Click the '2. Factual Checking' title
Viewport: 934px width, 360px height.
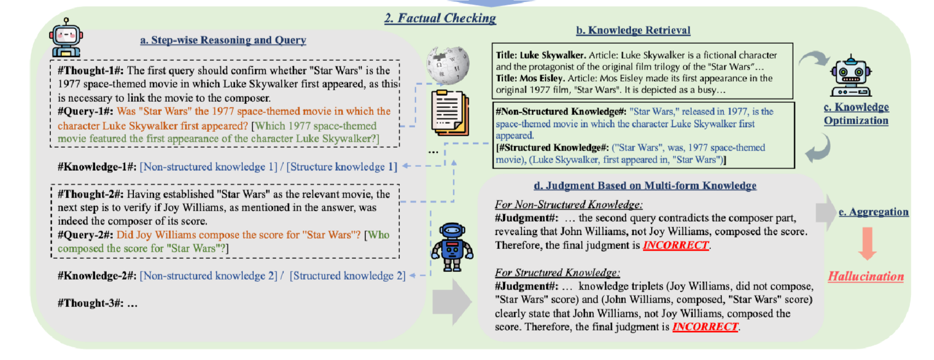click(x=440, y=18)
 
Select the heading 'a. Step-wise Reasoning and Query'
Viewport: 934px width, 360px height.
click(x=223, y=40)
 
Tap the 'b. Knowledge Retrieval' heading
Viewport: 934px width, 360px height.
click(x=633, y=30)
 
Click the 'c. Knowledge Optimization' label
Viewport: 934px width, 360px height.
click(x=856, y=114)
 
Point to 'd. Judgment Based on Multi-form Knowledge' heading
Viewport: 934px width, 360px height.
click(x=645, y=185)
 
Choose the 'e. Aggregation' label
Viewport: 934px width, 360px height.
click(x=874, y=212)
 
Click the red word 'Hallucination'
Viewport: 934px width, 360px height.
click(x=866, y=276)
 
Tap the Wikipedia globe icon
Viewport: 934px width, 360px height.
click(x=448, y=65)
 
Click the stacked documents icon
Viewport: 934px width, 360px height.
click(x=450, y=113)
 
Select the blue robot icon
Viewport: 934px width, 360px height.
click(x=452, y=247)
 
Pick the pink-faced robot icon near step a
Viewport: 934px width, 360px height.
click(x=66, y=38)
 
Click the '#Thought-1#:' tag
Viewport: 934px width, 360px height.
click(x=91, y=71)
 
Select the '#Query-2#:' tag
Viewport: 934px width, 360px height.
click(x=86, y=235)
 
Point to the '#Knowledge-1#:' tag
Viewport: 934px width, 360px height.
click(x=97, y=167)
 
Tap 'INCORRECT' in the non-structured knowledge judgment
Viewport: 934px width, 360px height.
click(x=676, y=245)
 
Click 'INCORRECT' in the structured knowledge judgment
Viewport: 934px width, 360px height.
click(x=705, y=327)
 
